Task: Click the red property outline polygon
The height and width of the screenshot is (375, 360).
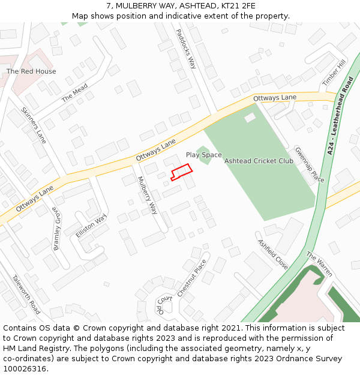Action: point(181,172)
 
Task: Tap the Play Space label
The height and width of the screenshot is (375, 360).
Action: point(203,155)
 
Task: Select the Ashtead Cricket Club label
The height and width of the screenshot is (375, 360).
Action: point(259,161)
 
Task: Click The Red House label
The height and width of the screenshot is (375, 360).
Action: point(31,71)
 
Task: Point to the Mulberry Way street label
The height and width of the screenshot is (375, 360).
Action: point(147,195)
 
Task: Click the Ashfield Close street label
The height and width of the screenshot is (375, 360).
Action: point(273,254)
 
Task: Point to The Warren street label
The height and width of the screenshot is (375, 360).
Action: point(319,264)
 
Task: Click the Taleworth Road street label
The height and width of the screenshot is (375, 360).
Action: point(26,294)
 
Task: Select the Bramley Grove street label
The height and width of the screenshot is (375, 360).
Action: point(57,230)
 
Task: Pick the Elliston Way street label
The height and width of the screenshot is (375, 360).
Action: point(91,226)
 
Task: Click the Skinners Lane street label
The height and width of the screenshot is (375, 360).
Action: point(34,125)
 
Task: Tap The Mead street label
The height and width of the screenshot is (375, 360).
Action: point(74,93)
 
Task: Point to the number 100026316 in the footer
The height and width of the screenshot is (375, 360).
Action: point(25,368)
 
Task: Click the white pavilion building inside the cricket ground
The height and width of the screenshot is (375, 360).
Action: point(250,118)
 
